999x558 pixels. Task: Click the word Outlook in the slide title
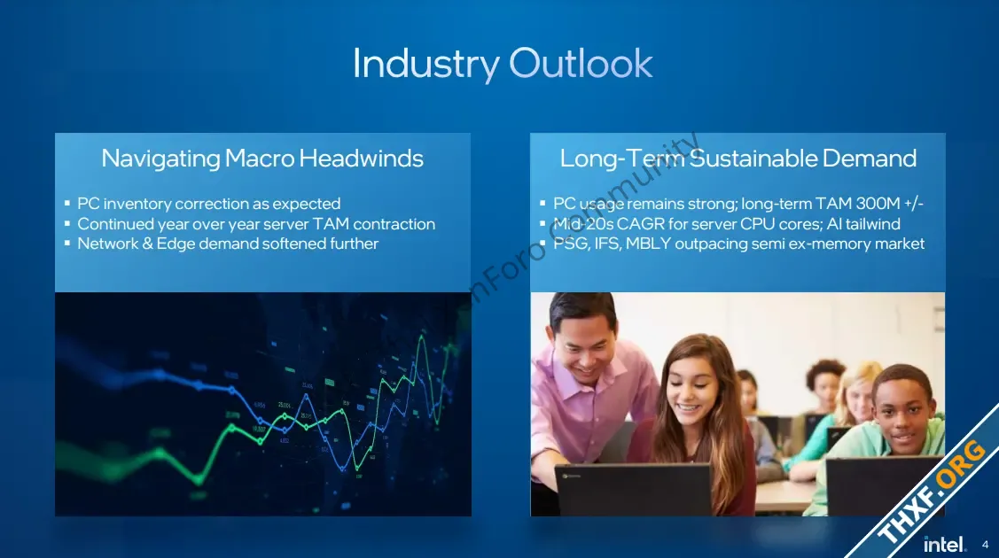pos(581,64)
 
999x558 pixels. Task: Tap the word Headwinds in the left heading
pos(362,158)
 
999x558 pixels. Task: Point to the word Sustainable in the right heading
pos(753,158)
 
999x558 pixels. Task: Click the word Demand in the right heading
pos(870,158)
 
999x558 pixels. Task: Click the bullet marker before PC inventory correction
pos(66,204)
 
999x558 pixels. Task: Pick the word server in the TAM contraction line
pos(286,224)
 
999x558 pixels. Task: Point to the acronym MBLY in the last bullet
pos(648,244)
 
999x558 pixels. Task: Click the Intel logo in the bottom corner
pos(944,545)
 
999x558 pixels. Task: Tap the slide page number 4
pos(985,545)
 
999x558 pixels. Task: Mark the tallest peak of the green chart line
pos(421,335)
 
